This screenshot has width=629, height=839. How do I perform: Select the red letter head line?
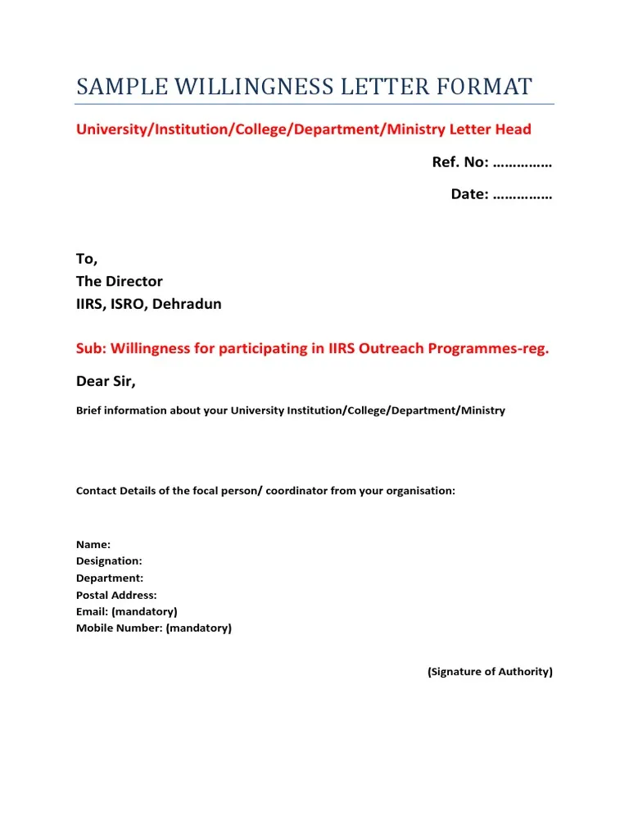tap(304, 129)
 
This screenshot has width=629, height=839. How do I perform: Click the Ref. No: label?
tap(460, 162)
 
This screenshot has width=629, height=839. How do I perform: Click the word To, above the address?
tap(87, 259)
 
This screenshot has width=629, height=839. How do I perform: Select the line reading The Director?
tap(120, 281)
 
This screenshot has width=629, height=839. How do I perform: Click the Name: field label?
tap(93, 544)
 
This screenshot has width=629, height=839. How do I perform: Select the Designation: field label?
tap(109, 561)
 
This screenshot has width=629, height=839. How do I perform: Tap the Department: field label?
tap(110, 578)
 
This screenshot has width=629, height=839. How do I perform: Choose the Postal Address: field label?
tap(116, 595)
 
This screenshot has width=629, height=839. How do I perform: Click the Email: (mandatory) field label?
tap(127, 611)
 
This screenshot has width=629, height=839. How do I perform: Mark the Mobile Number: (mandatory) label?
tap(154, 628)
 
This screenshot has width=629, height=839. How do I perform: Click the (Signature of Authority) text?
tap(490, 672)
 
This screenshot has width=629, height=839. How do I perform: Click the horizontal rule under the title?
tap(314, 104)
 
